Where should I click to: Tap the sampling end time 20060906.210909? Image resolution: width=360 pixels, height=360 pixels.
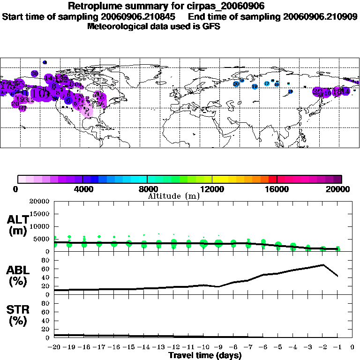[x=320, y=16]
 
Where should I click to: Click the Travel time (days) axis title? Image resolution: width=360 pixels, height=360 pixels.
[x=205, y=356]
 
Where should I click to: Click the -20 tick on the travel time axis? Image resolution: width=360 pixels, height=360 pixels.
[x=54, y=348]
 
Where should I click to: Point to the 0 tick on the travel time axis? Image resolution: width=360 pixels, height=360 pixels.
[x=352, y=348]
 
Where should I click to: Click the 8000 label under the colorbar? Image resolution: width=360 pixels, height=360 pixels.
[x=147, y=189]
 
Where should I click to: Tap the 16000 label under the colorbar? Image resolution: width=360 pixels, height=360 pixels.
[x=277, y=189]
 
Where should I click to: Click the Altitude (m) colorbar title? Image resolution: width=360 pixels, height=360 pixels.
[x=173, y=196]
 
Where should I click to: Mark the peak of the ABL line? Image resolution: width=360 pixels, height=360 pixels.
[x=322, y=265]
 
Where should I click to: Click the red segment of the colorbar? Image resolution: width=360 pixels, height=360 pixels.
[x=273, y=179]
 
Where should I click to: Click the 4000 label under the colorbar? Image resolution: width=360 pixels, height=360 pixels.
[x=82, y=189]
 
